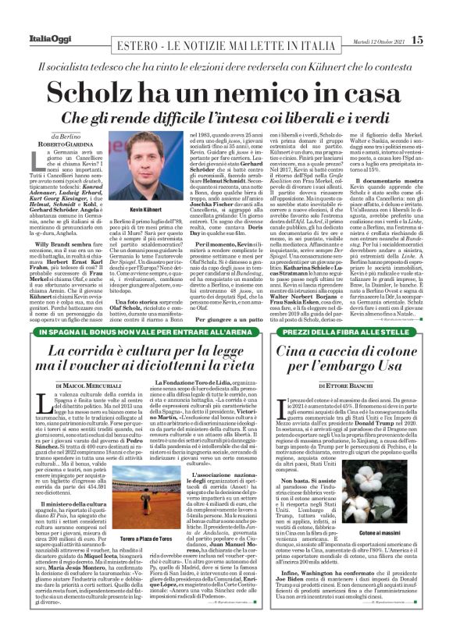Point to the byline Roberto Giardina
click(x=55, y=143)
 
